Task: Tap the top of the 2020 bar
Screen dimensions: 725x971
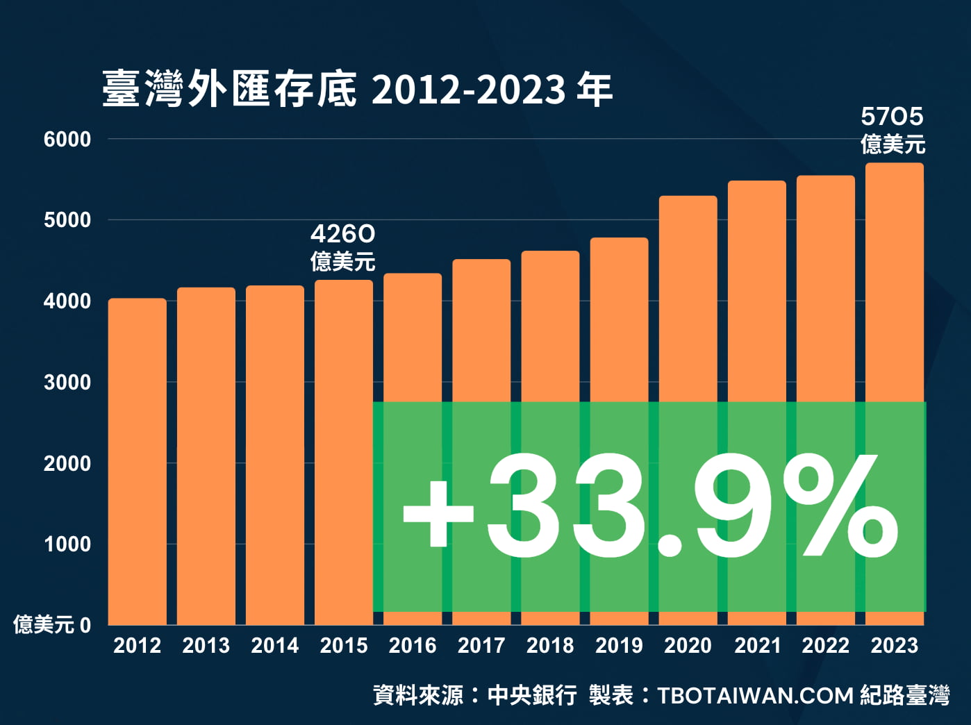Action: point(688,199)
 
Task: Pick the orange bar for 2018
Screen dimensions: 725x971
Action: point(550,326)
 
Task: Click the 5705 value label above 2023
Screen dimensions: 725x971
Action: point(893,117)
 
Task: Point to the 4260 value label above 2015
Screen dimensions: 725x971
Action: point(342,233)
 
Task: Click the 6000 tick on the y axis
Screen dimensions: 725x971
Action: point(67,140)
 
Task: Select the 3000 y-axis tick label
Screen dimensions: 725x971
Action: point(67,383)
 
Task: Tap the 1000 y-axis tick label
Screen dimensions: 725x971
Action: point(67,544)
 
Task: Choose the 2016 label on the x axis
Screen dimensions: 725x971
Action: point(413,646)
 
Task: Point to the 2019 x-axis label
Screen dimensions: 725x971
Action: point(619,646)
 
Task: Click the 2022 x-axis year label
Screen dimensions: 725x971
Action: point(826,646)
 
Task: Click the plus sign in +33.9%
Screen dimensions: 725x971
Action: point(438,514)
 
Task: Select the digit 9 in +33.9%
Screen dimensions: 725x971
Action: point(733,506)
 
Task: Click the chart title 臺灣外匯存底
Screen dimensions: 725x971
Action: point(229,90)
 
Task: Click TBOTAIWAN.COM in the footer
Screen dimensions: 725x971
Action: point(755,695)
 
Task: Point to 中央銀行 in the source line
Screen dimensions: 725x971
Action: point(532,695)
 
